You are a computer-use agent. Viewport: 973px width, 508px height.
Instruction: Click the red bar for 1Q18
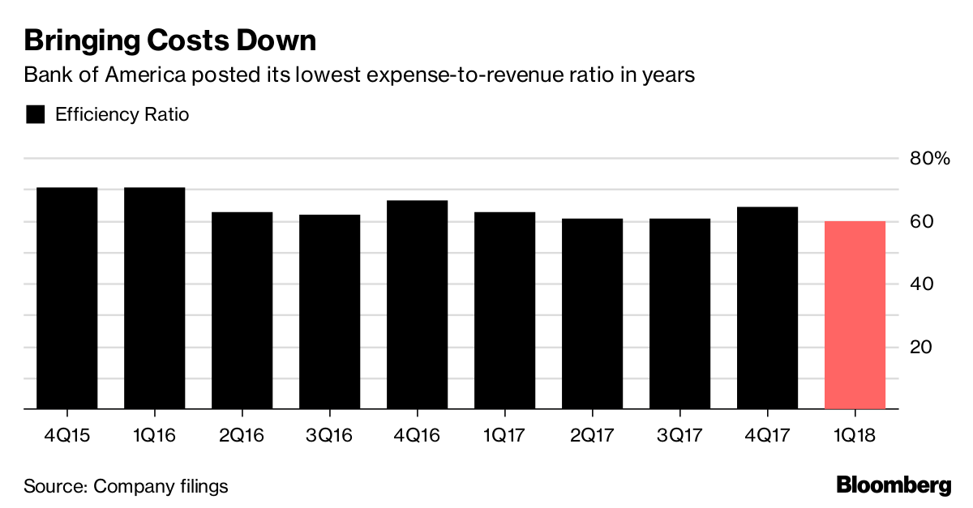(x=855, y=315)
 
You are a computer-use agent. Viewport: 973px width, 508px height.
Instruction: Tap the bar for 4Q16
(x=418, y=305)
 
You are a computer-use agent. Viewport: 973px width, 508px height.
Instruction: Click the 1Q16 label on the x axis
(x=154, y=435)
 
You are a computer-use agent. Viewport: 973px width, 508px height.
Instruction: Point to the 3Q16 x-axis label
(x=329, y=435)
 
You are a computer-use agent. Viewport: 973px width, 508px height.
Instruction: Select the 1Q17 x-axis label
(x=504, y=435)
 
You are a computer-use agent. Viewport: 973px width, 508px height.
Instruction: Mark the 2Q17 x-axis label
(x=592, y=435)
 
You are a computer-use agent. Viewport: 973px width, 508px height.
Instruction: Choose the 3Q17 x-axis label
(x=679, y=435)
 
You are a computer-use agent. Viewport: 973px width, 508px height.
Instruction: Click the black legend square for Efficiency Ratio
(x=35, y=114)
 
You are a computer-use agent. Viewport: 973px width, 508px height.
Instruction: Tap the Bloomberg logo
(x=894, y=486)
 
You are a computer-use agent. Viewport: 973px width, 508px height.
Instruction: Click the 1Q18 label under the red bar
(x=855, y=435)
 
